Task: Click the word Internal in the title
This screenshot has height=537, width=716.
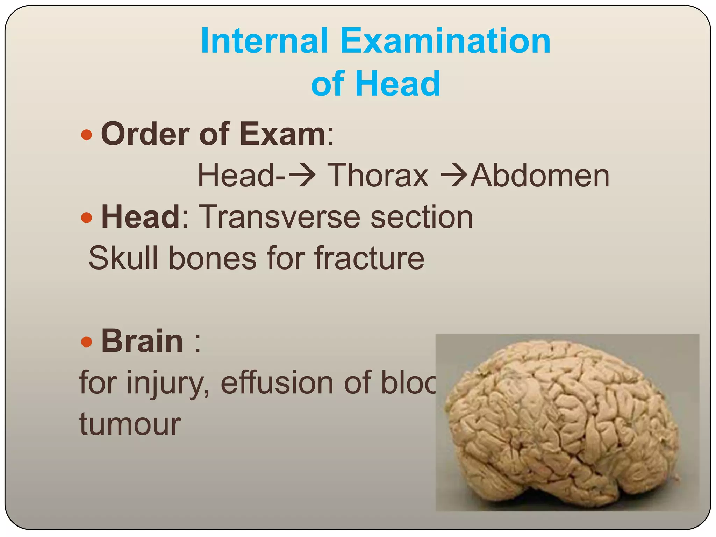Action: coord(264,41)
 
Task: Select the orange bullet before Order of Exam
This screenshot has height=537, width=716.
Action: coord(86,135)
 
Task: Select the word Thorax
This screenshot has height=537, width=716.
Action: coord(378,176)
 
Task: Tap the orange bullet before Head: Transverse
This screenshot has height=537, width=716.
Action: coord(86,218)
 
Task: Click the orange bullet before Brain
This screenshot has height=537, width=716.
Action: coord(86,342)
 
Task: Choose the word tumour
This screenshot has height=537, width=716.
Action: coord(130,424)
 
